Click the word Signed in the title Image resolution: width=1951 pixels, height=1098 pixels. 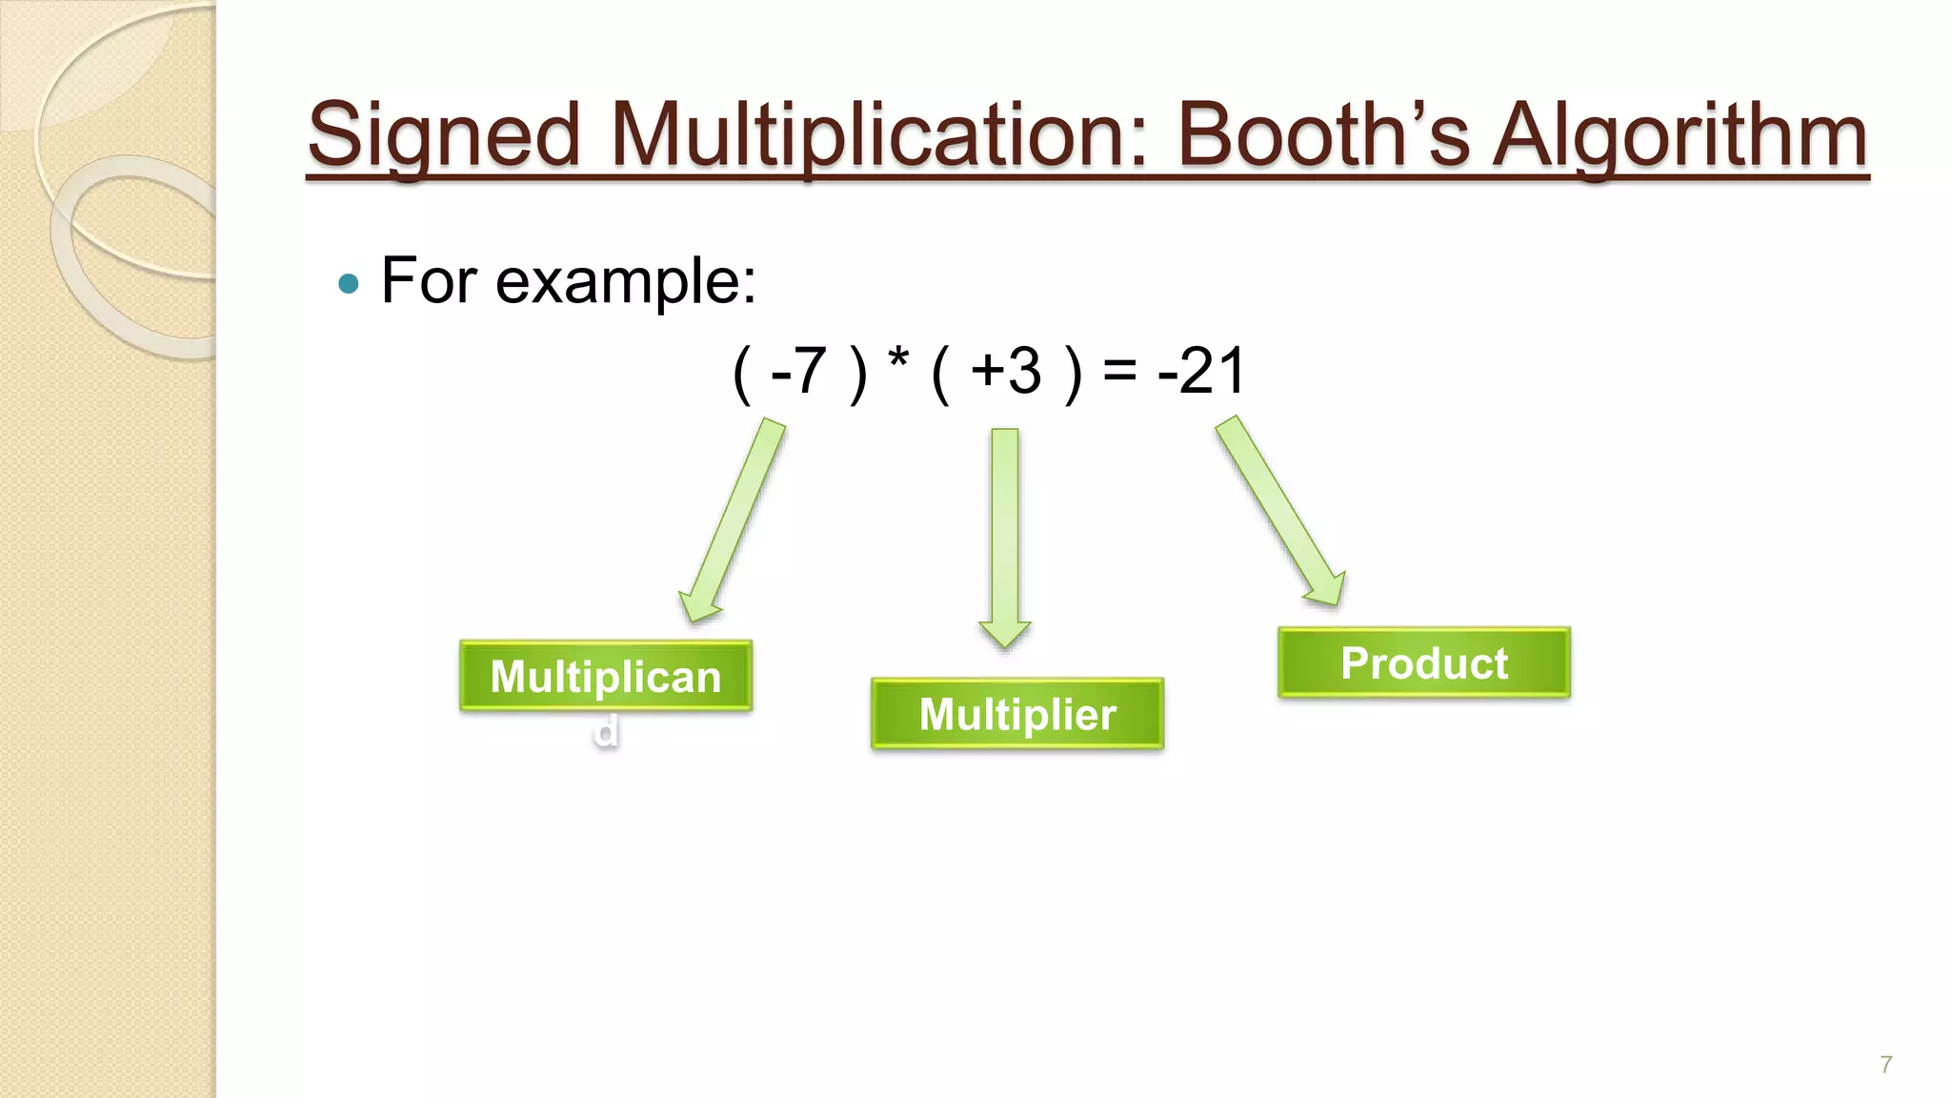click(443, 135)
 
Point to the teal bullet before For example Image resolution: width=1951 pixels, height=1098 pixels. click(349, 283)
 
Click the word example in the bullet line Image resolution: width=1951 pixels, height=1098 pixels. click(625, 281)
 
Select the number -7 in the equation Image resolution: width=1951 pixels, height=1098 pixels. click(798, 371)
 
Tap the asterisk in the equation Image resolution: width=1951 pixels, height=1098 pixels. click(897, 363)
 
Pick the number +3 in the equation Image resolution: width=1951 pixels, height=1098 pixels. click(1006, 371)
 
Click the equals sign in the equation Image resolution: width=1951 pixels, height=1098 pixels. click(1119, 372)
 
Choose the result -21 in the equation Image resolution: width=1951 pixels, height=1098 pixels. click(1201, 371)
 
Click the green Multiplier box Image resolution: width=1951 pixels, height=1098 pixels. click(1016, 714)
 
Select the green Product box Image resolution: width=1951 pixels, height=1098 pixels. click(1423, 662)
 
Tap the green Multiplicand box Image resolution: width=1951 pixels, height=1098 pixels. click(606, 677)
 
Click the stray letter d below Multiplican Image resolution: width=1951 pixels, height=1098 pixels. click(606, 732)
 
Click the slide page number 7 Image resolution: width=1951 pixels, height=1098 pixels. click(1885, 1065)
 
